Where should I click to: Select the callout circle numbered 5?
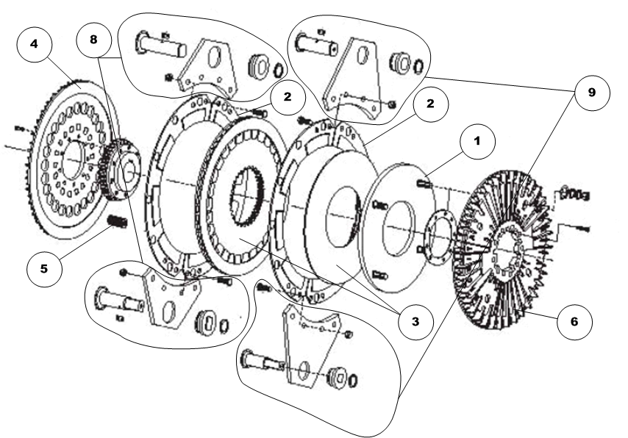44,269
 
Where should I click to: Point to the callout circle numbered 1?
478,141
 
